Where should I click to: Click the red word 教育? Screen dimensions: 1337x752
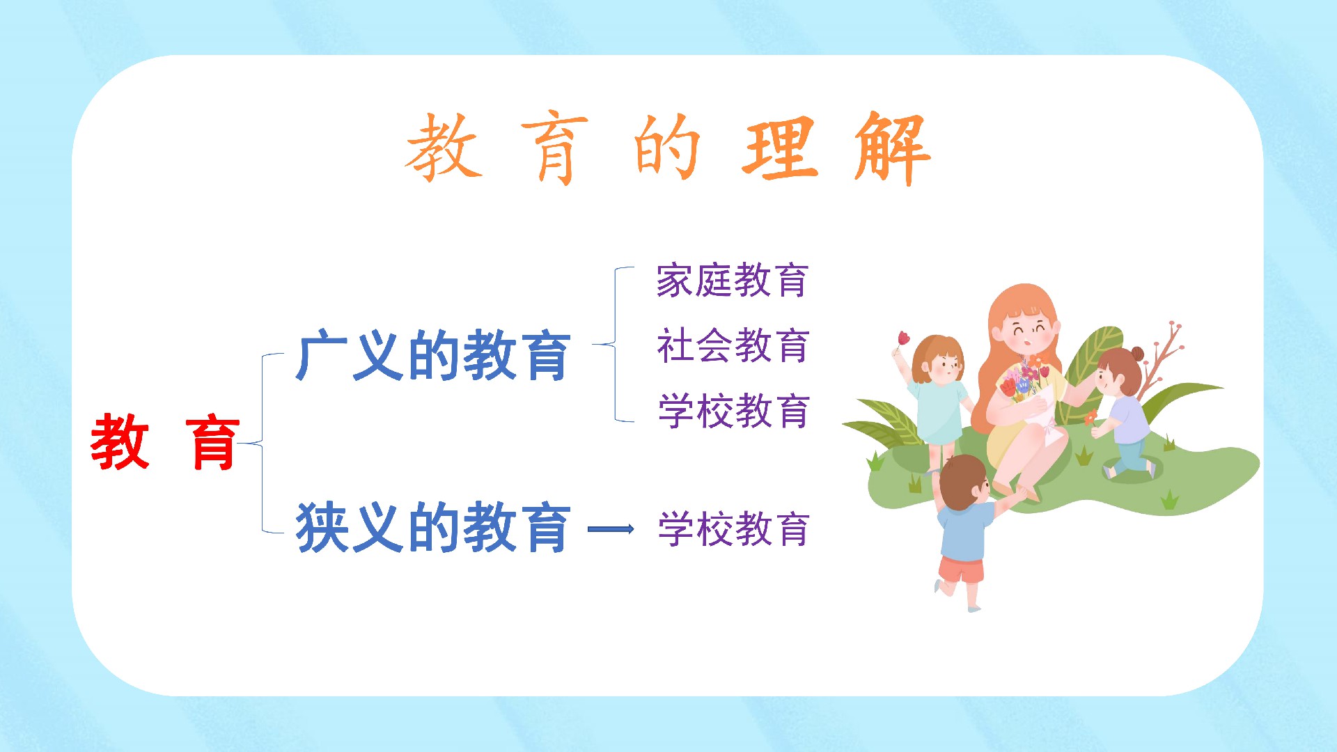(165, 441)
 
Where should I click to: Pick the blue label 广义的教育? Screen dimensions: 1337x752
(433, 356)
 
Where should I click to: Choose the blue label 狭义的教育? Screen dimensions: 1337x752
(433, 527)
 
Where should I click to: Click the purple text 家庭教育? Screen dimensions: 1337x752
(733, 281)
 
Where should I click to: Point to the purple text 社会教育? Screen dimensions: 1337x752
(733, 345)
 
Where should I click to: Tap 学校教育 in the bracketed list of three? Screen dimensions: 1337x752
(733, 411)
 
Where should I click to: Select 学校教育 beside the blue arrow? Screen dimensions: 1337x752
(733, 529)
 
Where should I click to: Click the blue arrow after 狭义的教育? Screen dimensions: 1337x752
(611, 529)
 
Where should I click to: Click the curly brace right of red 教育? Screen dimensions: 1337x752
(263, 443)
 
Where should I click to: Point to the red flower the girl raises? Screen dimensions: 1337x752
(903, 338)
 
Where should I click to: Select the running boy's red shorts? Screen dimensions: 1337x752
(961, 569)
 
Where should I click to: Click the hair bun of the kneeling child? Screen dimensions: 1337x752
(1137, 354)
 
